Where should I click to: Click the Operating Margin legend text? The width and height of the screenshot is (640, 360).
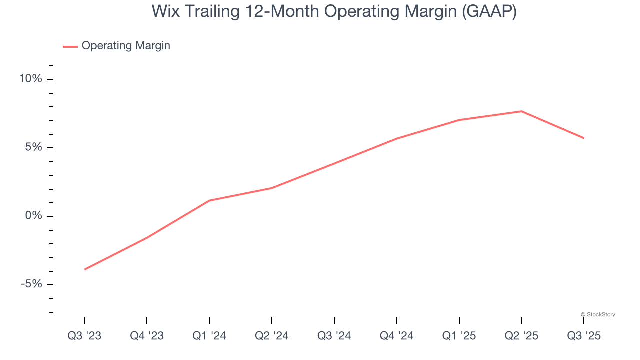[x=126, y=46]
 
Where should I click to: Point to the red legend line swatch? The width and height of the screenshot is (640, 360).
[x=70, y=46]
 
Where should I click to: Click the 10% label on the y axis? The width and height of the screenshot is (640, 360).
[x=31, y=79]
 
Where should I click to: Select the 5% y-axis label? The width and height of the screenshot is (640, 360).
[x=34, y=148]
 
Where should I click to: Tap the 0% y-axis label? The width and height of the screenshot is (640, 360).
[x=34, y=216]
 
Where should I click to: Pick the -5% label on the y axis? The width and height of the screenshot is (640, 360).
[x=31, y=284]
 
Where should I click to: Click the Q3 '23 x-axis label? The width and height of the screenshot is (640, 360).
[x=84, y=336]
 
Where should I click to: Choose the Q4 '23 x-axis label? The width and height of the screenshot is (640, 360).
[x=147, y=336]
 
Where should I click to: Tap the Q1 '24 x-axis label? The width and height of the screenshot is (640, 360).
[x=209, y=336]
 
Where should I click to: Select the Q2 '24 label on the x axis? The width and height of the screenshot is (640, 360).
[x=272, y=336]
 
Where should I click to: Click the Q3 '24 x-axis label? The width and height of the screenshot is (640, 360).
[x=334, y=336]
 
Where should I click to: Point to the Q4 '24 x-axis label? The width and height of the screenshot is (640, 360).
[x=397, y=336]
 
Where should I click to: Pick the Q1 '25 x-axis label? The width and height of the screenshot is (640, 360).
[x=459, y=336]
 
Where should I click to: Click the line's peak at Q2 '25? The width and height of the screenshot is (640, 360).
[x=522, y=111]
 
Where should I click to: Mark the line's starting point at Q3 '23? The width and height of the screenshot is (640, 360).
[x=85, y=269]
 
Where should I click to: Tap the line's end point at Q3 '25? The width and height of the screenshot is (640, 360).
[x=584, y=138]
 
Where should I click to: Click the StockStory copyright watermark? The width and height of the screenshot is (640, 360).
[x=598, y=314]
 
